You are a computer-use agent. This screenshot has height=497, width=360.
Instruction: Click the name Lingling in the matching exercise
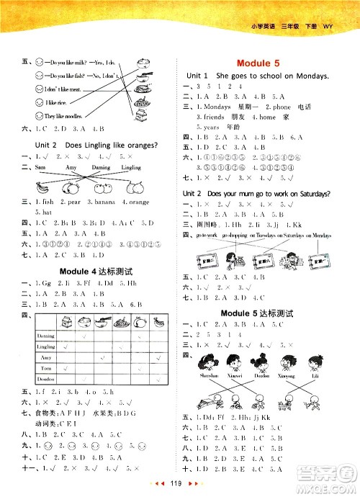tap(132, 166)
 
